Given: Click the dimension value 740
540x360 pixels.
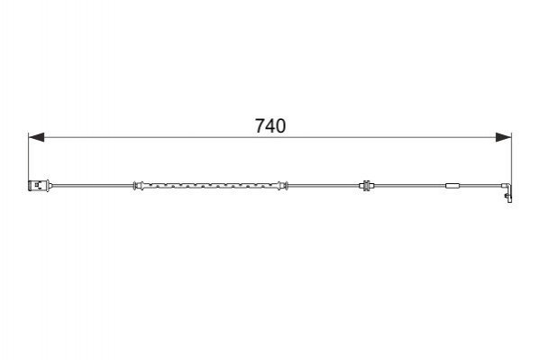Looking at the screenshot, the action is coord(270,125).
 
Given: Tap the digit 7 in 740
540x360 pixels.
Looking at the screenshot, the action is coord(260,125).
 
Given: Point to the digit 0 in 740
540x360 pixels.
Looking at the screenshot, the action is coord(280,125).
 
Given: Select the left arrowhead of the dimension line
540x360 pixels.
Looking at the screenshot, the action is coord(36,137).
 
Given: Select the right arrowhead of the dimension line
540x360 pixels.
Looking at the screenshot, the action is coord(504,137).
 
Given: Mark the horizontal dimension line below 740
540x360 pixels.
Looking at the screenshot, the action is coord(270,137).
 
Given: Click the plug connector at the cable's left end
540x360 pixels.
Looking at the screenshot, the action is coord(40,186).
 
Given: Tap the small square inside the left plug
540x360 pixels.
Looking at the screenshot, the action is coord(36,185).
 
